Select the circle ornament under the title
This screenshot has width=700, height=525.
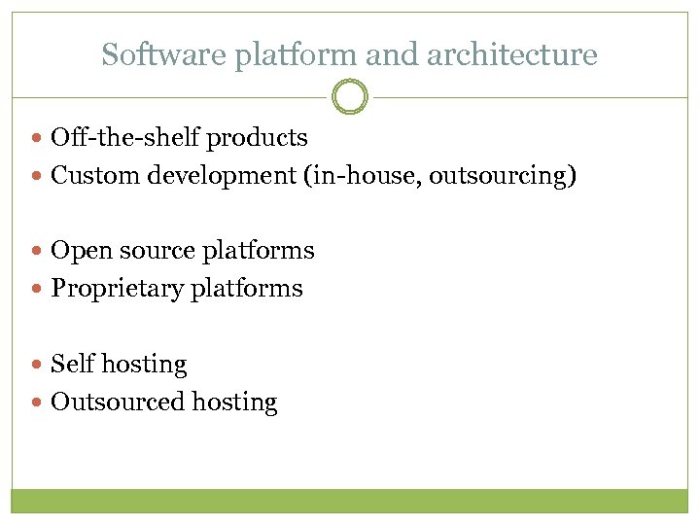pos(350,97)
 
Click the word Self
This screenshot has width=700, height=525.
pos(72,364)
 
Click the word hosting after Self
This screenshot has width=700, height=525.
pos(144,364)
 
